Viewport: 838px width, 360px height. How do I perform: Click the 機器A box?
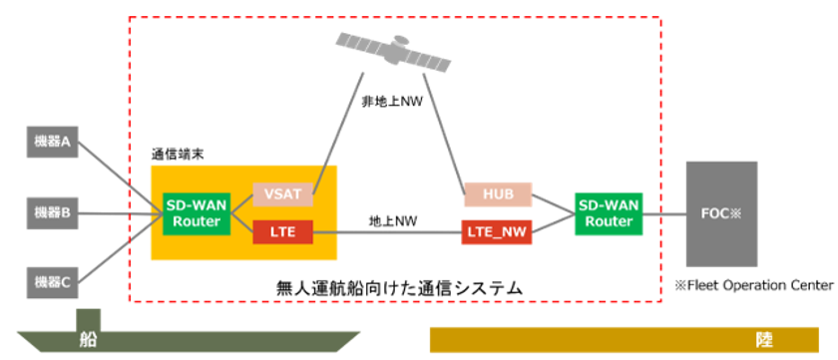pos(52,144)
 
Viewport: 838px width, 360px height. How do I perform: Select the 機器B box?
pos(52,211)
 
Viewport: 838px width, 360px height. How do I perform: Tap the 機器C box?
pos(52,282)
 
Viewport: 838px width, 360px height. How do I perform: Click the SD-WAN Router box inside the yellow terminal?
pos(196,212)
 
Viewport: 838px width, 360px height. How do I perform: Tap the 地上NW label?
pos(387,221)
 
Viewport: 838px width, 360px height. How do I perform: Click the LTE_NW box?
pos(497,233)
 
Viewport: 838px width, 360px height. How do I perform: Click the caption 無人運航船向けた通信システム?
pos(399,287)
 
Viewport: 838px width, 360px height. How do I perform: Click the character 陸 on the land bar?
pos(763,339)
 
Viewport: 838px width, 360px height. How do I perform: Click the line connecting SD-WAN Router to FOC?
pos(665,212)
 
